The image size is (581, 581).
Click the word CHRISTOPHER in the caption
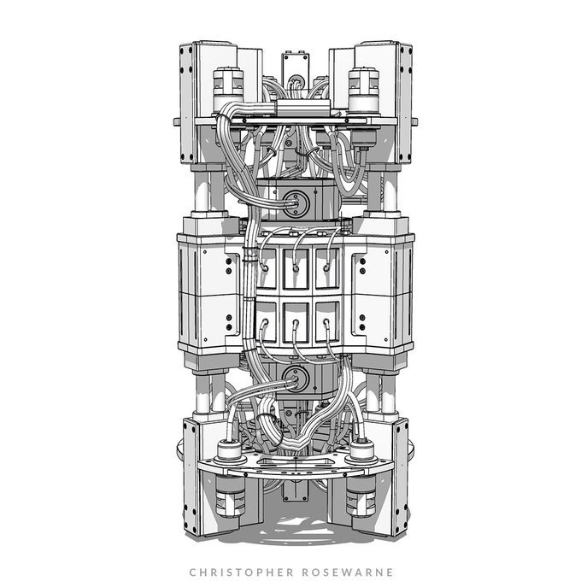[x=241, y=572]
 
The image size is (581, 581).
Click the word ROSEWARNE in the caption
[x=348, y=572]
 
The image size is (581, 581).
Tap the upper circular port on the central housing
[x=296, y=203]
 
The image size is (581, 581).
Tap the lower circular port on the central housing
[x=296, y=379]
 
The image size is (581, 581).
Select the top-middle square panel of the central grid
[x=296, y=269]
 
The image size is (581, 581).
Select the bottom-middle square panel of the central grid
[x=296, y=322]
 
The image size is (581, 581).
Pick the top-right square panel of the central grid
[x=327, y=268]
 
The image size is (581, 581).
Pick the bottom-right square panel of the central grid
[x=327, y=322]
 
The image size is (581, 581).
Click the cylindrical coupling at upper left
[x=228, y=90]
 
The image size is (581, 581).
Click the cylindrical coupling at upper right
[x=364, y=90]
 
